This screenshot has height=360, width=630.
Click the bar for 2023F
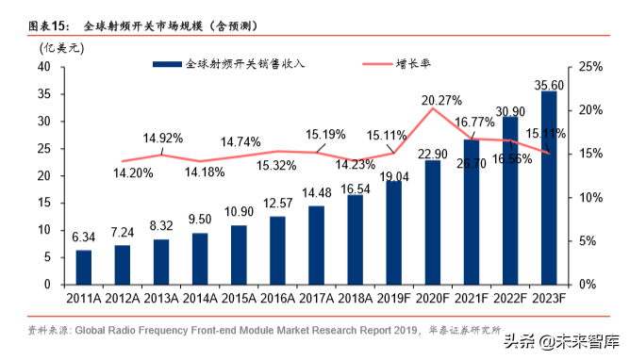coord(548,188)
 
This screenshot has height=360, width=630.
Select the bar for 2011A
coord(84,267)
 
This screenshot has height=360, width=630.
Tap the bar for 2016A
coord(277,250)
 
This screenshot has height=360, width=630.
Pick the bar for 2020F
coord(432,222)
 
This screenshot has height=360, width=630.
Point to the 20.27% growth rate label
coord(441,100)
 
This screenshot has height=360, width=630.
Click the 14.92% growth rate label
coord(163,138)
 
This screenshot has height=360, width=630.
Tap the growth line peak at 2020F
coord(432,108)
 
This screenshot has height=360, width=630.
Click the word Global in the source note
coord(95,330)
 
